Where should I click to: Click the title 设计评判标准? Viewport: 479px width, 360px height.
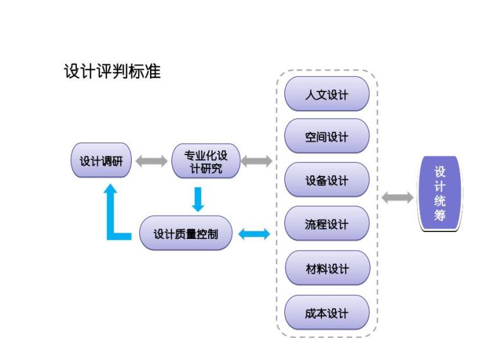[x=112, y=71]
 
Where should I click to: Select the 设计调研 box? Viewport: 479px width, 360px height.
[x=101, y=161]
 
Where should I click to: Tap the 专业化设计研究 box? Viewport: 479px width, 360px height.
[x=205, y=161]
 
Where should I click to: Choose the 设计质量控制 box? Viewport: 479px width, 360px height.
[x=186, y=233]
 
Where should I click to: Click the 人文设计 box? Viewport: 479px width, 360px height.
[x=326, y=95]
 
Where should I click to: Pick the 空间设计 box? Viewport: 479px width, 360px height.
[x=326, y=136]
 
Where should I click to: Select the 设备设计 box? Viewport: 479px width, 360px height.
[x=326, y=180]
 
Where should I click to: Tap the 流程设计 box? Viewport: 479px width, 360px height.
[x=326, y=224]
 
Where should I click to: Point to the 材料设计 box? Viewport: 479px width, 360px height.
[x=326, y=268]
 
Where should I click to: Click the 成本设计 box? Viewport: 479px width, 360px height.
[x=326, y=313]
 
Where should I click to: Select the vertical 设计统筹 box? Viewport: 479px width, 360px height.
[x=440, y=194]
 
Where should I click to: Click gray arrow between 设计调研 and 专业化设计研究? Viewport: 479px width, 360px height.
[x=151, y=161]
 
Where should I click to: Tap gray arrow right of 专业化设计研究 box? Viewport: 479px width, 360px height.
[x=257, y=161]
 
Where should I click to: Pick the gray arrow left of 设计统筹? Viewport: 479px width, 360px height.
[x=398, y=198]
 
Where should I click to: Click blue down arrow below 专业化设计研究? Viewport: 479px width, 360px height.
[x=198, y=199]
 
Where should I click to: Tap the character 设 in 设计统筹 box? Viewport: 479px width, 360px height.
[x=440, y=171]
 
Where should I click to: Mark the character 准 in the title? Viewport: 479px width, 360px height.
[x=153, y=71]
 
